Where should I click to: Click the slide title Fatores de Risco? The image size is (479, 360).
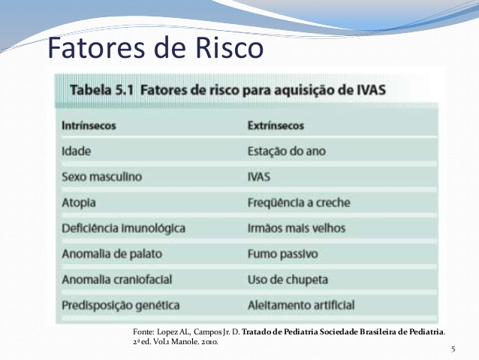click(x=155, y=47)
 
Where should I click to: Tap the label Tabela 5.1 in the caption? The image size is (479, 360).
click(x=102, y=90)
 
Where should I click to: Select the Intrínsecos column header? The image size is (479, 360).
click(x=89, y=126)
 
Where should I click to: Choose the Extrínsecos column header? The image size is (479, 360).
click(x=276, y=126)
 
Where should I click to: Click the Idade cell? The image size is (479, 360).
click(x=77, y=151)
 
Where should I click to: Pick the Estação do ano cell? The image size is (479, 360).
click(x=287, y=151)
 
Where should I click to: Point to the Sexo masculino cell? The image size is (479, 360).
click(x=102, y=177)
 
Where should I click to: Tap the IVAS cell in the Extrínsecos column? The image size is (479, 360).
click(x=259, y=177)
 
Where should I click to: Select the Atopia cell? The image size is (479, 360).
click(x=79, y=203)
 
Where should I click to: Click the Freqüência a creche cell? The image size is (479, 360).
click(x=299, y=203)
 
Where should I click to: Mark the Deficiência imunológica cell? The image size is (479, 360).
click(x=124, y=228)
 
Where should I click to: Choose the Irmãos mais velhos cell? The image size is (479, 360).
click(x=297, y=228)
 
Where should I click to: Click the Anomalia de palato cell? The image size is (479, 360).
click(x=112, y=254)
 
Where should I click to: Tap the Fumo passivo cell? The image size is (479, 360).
click(x=283, y=254)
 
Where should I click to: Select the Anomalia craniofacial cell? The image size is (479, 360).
click(x=117, y=280)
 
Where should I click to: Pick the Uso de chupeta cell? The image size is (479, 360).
click(x=288, y=280)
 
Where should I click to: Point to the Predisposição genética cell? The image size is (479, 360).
click(x=121, y=306)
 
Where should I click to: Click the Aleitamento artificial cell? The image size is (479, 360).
click(x=301, y=305)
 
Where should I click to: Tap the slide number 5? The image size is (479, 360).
click(x=453, y=349)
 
